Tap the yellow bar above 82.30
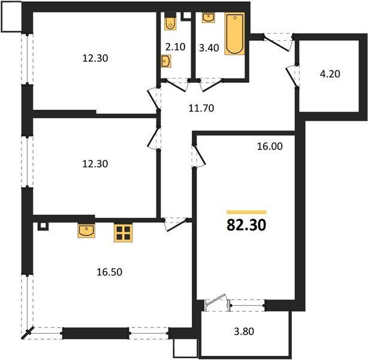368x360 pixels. point(246,212)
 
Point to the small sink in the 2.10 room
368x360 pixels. point(165,61)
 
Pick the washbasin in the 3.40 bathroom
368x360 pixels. point(208,17)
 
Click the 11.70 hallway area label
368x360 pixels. point(202,109)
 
